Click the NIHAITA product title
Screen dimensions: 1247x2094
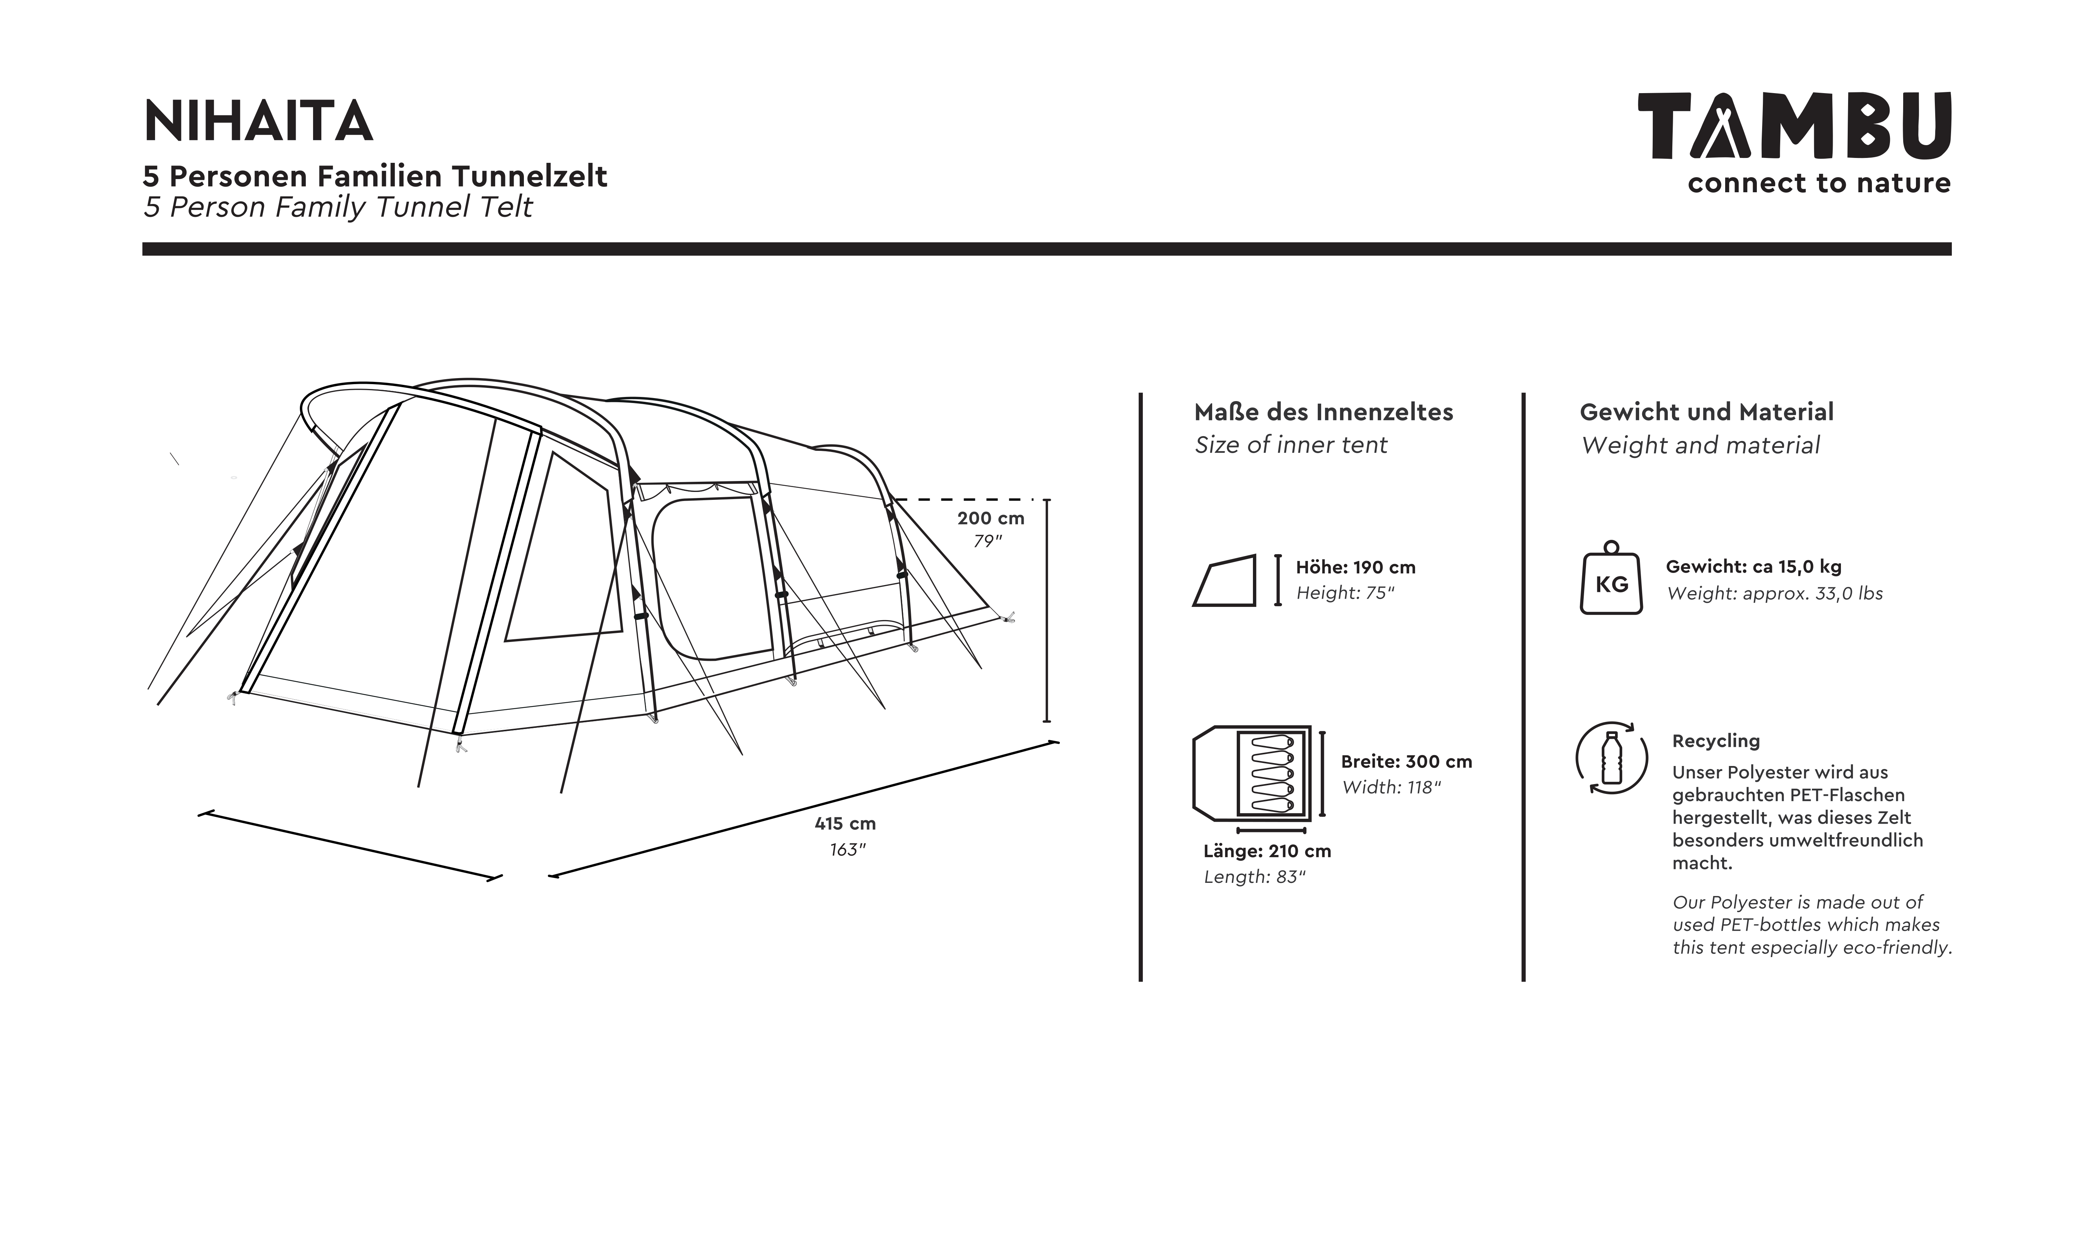click(258, 122)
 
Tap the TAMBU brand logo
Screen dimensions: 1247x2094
click(1794, 126)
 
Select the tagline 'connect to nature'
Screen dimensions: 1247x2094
click(1818, 183)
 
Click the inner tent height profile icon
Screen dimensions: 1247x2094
click(1224, 581)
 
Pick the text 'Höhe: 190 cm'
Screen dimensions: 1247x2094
click(1355, 567)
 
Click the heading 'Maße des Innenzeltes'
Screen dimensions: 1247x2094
click(1323, 412)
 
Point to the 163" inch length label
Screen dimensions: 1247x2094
click(846, 850)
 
